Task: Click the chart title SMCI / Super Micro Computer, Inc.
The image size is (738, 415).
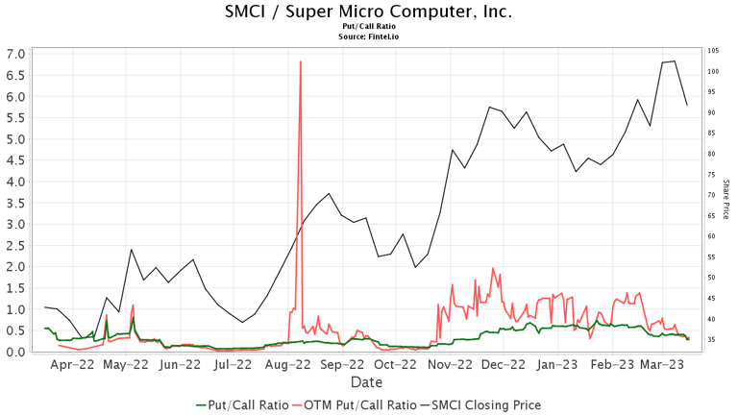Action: (x=368, y=12)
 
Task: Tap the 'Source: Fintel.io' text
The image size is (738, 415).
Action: (x=368, y=36)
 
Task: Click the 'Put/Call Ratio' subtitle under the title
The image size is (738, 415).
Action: (x=368, y=27)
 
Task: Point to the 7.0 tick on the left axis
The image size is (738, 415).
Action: (x=14, y=54)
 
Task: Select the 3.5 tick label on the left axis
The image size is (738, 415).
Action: (x=14, y=204)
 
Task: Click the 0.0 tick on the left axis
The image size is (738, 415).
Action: (x=14, y=353)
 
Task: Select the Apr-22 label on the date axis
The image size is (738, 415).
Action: (x=73, y=365)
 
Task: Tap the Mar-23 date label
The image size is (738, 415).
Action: (x=662, y=365)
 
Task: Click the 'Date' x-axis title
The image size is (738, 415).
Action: (x=366, y=382)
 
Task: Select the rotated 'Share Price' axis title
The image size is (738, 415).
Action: (x=726, y=199)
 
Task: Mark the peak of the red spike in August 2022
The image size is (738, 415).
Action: (x=301, y=61)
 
